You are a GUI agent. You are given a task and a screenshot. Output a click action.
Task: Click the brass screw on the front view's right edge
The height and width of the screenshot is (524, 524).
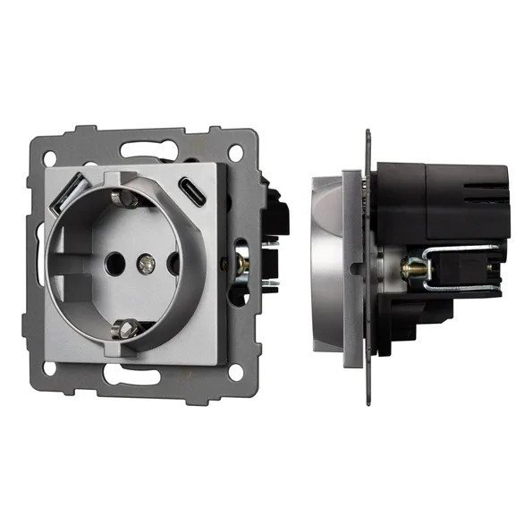[241, 266]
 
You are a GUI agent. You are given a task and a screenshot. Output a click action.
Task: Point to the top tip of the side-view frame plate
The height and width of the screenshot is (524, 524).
[368, 134]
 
